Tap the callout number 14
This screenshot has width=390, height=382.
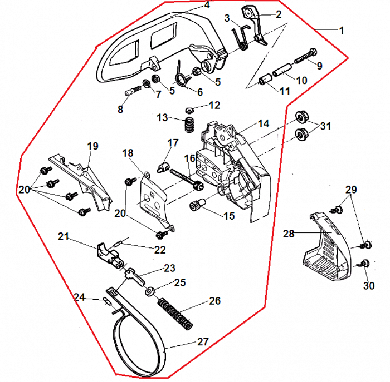(x=263, y=123)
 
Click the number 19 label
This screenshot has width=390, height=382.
(x=92, y=146)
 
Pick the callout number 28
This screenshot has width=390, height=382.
(x=289, y=235)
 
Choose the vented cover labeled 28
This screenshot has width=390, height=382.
(x=326, y=247)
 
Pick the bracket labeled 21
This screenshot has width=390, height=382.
(x=107, y=252)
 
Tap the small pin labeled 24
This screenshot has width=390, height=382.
(x=107, y=301)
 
